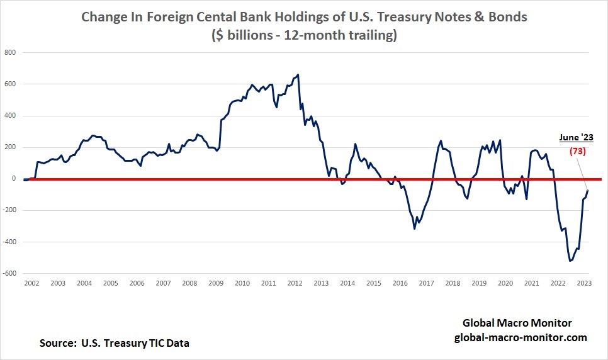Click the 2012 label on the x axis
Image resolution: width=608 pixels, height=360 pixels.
pyautogui.click(x=295, y=283)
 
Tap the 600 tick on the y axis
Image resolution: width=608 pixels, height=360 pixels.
pyautogui.click(x=11, y=84)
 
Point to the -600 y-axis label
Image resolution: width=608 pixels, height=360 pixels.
pyautogui.click(x=9, y=274)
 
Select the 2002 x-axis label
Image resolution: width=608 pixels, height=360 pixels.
pyautogui.click(x=31, y=283)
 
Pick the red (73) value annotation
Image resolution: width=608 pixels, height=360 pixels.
pyautogui.click(x=577, y=151)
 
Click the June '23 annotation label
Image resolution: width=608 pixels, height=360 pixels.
pyautogui.click(x=576, y=137)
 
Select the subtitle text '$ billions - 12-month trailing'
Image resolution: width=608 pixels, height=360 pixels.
pyautogui.click(x=303, y=36)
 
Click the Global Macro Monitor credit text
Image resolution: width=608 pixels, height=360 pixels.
pyautogui.click(x=517, y=323)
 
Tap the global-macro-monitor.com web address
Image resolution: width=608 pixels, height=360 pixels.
pyautogui.click(x=520, y=337)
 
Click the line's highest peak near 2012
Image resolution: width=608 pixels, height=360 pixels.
pyautogui.click(x=298, y=75)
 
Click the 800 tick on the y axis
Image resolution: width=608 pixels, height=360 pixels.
pyautogui.click(x=11, y=53)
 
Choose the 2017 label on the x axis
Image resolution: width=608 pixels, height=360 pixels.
pyautogui.click(x=427, y=283)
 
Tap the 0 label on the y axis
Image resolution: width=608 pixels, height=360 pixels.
pyautogui.click(x=14, y=179)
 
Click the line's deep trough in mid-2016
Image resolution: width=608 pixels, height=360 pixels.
pyautogui.click(x=414, y=228)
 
